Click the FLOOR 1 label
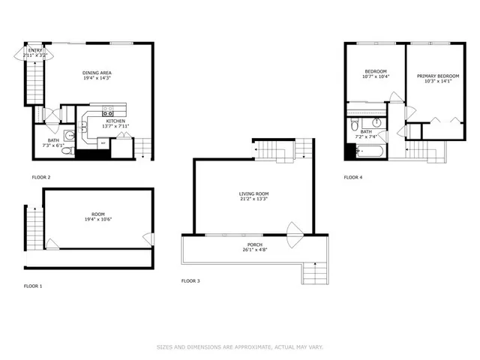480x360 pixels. (x=33, y=286)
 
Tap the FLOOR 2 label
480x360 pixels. (x=40, y=178)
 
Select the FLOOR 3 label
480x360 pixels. (x=191, y=281)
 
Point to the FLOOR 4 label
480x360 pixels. (x=352, y=178)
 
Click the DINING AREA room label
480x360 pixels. (x=97, y=73)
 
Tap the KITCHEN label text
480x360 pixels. (x=115, y=121)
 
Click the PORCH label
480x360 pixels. (x=254, y=245)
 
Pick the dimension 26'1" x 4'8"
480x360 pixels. (x=254, y=250)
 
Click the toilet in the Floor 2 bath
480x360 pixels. (x=66, y=150)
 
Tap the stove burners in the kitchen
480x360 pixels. (x=98, y=113)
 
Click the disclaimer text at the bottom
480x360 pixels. (x=239, y=347)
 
